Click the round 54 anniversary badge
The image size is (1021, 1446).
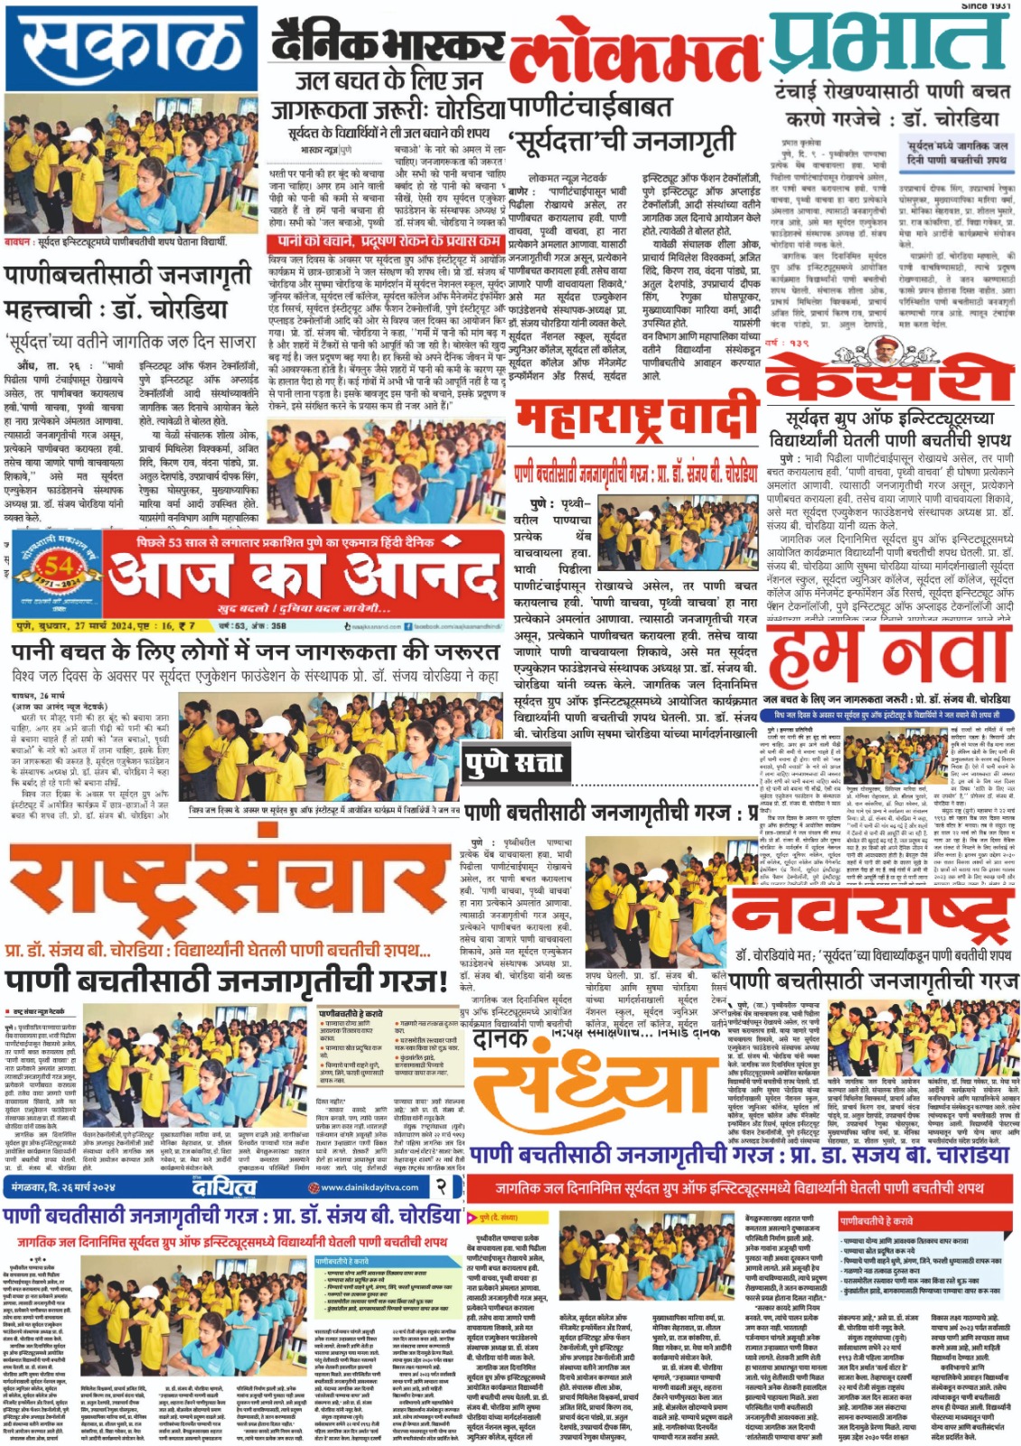(57, 573)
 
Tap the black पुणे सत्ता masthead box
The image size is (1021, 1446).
(513, 765)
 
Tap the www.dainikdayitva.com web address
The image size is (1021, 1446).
(369, 1188)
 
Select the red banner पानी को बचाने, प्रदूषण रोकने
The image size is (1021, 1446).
(385, 241)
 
